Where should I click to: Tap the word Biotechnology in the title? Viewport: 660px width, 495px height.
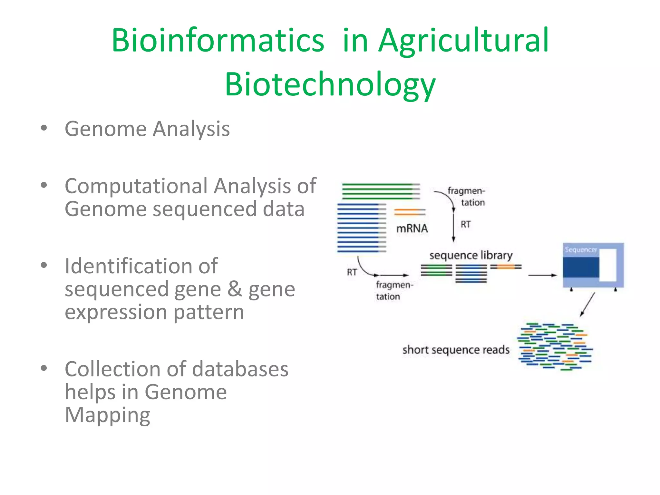click(x=330, y=84)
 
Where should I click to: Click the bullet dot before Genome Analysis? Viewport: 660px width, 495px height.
click(x=44, y=128)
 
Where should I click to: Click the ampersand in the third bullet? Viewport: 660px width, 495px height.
click(x=235, y=289)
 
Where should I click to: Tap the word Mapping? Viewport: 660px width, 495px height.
click(x=107, y=415)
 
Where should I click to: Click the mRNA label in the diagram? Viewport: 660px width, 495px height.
click(x=412, y=228)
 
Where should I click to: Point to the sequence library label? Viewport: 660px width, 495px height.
click(x=471, y=255)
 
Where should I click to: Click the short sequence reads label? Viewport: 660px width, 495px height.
click(x=456, y=350)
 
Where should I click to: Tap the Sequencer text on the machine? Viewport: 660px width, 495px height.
click(x=581, y=250)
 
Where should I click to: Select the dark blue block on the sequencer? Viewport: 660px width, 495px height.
click(x=581, y=267)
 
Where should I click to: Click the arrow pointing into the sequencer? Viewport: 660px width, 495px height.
click(x=543, y=275)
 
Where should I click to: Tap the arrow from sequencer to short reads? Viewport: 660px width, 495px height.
click(x=587, y=305)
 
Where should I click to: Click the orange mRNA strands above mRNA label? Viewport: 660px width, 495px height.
click(x=410, y=212)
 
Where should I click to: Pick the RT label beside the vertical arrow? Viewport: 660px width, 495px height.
click(x=465, y=224)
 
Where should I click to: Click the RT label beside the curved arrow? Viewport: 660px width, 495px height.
click(x=352, y=272)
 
